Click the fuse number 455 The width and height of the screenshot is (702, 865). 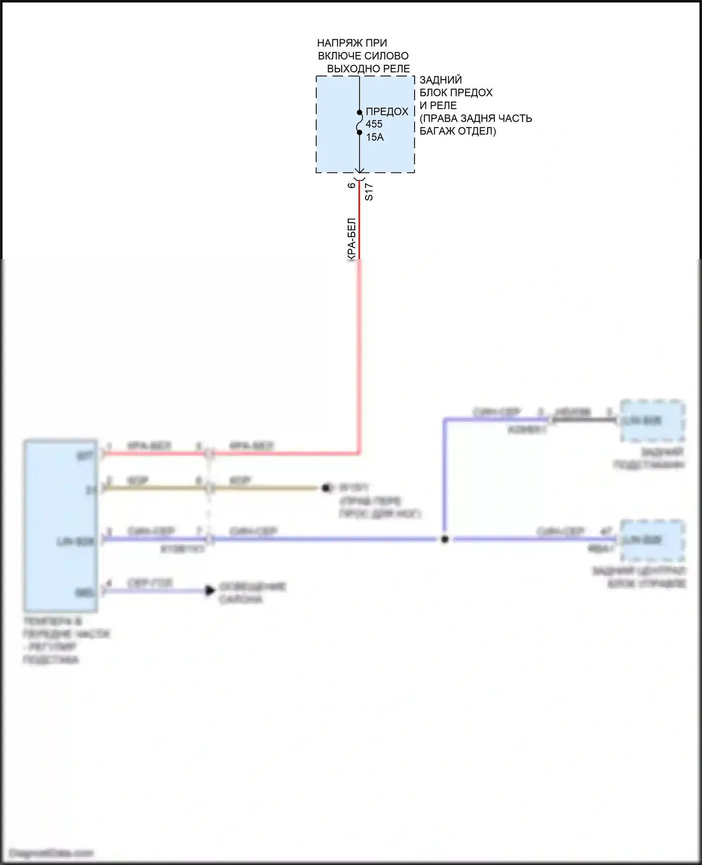(x=374, y=124)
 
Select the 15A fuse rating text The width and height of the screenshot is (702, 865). (x=375, y=137)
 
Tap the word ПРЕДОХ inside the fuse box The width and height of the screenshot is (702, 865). (x=387, y=112)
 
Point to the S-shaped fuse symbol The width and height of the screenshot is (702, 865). (x=359, y=123)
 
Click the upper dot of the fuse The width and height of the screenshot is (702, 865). (x=359, y=112)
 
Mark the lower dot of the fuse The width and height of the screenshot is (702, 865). (x=359, y=133)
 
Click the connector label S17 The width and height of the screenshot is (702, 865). (x=369, y=192)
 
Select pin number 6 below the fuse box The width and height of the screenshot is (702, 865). (x=351, y=186)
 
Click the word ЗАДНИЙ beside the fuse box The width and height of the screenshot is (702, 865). (x=441, y=80)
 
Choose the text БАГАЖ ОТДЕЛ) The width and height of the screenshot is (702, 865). (x=457, y=131)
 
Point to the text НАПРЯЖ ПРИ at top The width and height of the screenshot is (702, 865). (x=352, y=43)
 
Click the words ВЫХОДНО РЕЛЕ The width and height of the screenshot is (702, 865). (x=368, y=68)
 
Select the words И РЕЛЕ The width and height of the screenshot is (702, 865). (x=438, y=105)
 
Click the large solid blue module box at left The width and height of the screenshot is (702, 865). (x=61, y=525)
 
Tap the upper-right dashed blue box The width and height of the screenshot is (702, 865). (x=652, y=420)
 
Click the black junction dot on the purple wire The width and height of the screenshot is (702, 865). (x=445, y=539)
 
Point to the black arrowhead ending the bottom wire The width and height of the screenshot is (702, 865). (x=210, y=590)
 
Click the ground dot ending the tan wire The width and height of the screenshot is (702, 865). (x=326, y=488)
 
